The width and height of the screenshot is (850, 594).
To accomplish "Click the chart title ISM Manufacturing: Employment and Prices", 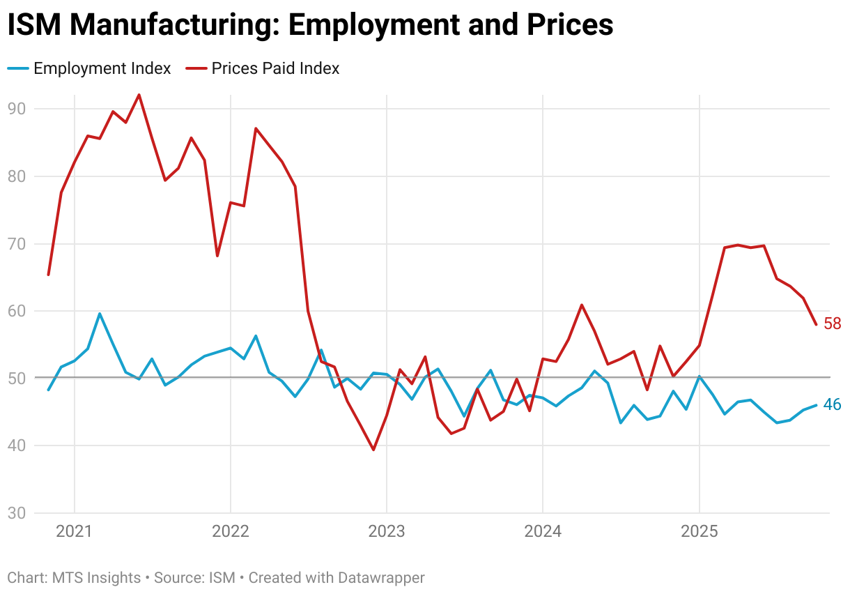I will point(310,25).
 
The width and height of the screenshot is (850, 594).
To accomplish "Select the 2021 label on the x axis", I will point(74,532).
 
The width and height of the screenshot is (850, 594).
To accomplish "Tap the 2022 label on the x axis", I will point(230,532).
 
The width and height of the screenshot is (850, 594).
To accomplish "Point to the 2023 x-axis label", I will point(387,532).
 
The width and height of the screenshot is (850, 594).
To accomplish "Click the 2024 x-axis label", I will point(543,532).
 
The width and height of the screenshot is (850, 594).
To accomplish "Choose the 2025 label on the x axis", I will point(699,532).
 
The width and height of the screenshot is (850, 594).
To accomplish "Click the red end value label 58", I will point(833,323).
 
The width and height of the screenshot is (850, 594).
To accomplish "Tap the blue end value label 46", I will point(833,404).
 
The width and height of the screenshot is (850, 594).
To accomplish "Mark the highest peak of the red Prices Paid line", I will point(139,95).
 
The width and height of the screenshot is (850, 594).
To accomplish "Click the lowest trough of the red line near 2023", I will point(373,450).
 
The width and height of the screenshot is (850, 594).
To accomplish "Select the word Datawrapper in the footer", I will point(381,578).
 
